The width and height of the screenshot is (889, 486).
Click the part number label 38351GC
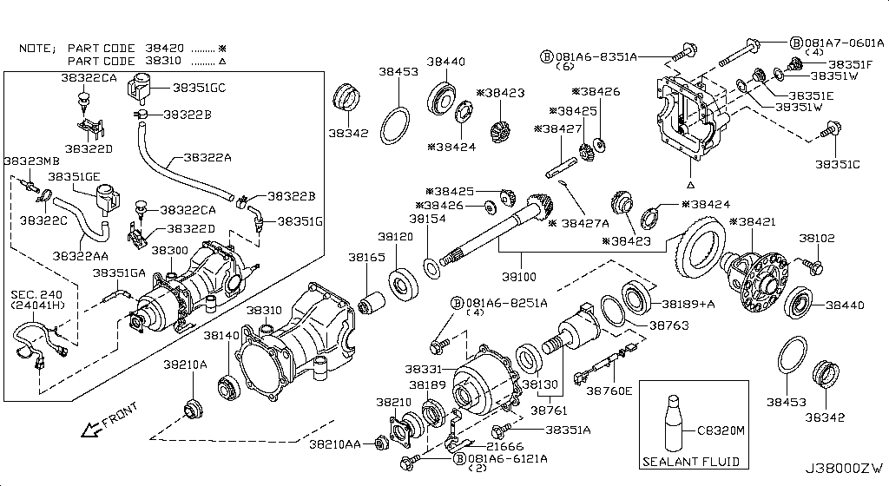pyautogui.click(x=199, y=88)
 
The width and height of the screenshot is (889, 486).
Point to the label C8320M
pyautogui.click(x=722, y=428)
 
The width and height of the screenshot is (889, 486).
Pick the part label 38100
pyautogui.click(x=520, y=278)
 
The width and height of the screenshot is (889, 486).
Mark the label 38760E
pyautogui.click(x=609, y=391)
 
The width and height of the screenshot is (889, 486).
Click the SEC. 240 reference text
pyautogui.click(x=34, y=294)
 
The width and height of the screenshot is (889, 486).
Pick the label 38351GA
pyautogui.click(x=121, y=273)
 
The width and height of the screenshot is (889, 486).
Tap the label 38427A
pyautogui.click(x=583, y=223)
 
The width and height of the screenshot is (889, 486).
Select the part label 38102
pyautogui.click(x=816, y=237)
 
